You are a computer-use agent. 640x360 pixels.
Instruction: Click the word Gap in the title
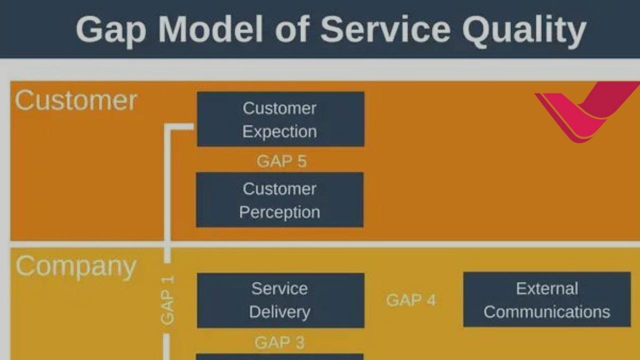(111, 31)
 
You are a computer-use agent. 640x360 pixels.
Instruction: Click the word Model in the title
(210, 29)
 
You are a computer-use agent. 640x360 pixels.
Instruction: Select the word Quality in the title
(524, 31)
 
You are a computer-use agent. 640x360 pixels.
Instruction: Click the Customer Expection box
(280, 119)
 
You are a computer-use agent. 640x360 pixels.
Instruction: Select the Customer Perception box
(279, 199)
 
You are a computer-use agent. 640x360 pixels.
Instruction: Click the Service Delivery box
(280, 300)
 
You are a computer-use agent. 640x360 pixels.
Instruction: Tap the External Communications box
(547, 299)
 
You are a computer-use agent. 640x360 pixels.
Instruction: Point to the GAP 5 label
(281, 161)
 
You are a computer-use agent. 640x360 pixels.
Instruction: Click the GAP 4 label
(411, 300)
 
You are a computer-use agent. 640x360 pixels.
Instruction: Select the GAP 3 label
(279, 342)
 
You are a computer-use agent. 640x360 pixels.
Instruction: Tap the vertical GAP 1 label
(167, 300)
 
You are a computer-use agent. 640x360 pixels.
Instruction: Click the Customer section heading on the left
(76, 100)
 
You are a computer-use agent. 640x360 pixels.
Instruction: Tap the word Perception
(279, 213)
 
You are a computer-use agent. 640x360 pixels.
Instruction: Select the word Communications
(547, 311)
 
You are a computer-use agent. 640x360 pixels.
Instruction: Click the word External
(547, 288)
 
